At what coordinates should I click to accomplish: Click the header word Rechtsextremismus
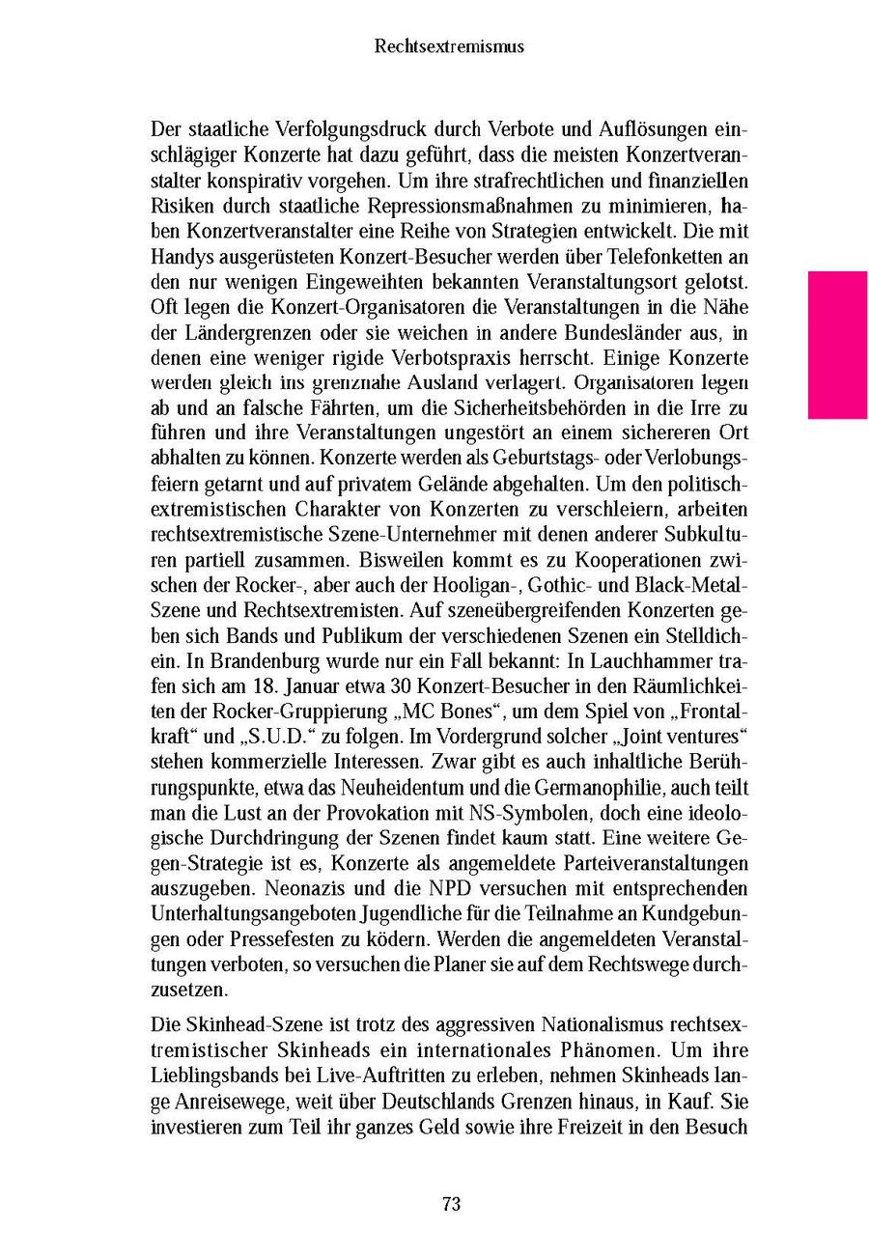[x=449, y=46]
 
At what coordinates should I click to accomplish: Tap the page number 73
[x=451, y=1203]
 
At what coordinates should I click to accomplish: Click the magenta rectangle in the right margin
[x=837, y=345]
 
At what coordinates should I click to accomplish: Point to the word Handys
[x=179, y=258]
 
